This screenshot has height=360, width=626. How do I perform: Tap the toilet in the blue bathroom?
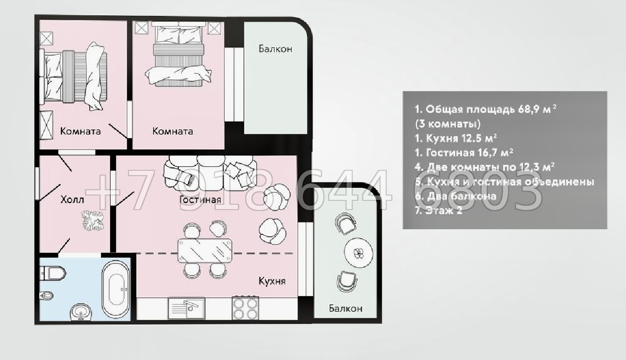tap(52, 273)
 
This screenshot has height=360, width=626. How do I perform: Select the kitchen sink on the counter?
tap(186, 309)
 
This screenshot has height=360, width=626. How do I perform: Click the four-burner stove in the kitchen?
tap(245, 308)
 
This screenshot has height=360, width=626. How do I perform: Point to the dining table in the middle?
tap(205, 250)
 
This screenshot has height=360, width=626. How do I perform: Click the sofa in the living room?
tap(210, 173)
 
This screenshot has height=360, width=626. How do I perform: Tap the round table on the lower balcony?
tap(359, 253)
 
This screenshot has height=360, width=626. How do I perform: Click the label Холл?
tap(72, 199)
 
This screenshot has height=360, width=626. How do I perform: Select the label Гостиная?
tap(200, 199)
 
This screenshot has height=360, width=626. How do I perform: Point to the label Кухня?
tap(272, 281)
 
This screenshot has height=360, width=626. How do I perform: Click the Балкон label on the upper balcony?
tap(275, 49)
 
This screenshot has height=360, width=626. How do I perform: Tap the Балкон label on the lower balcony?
tap(346, 308)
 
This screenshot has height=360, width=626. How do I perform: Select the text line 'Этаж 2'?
tap(439, 211)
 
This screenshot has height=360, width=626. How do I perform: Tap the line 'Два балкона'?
tap(456, 196)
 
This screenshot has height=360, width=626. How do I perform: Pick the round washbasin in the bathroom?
tap(81, 311)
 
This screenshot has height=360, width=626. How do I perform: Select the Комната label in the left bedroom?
tap(81, 131)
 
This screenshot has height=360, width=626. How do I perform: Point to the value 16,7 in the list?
tap(486, 153)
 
